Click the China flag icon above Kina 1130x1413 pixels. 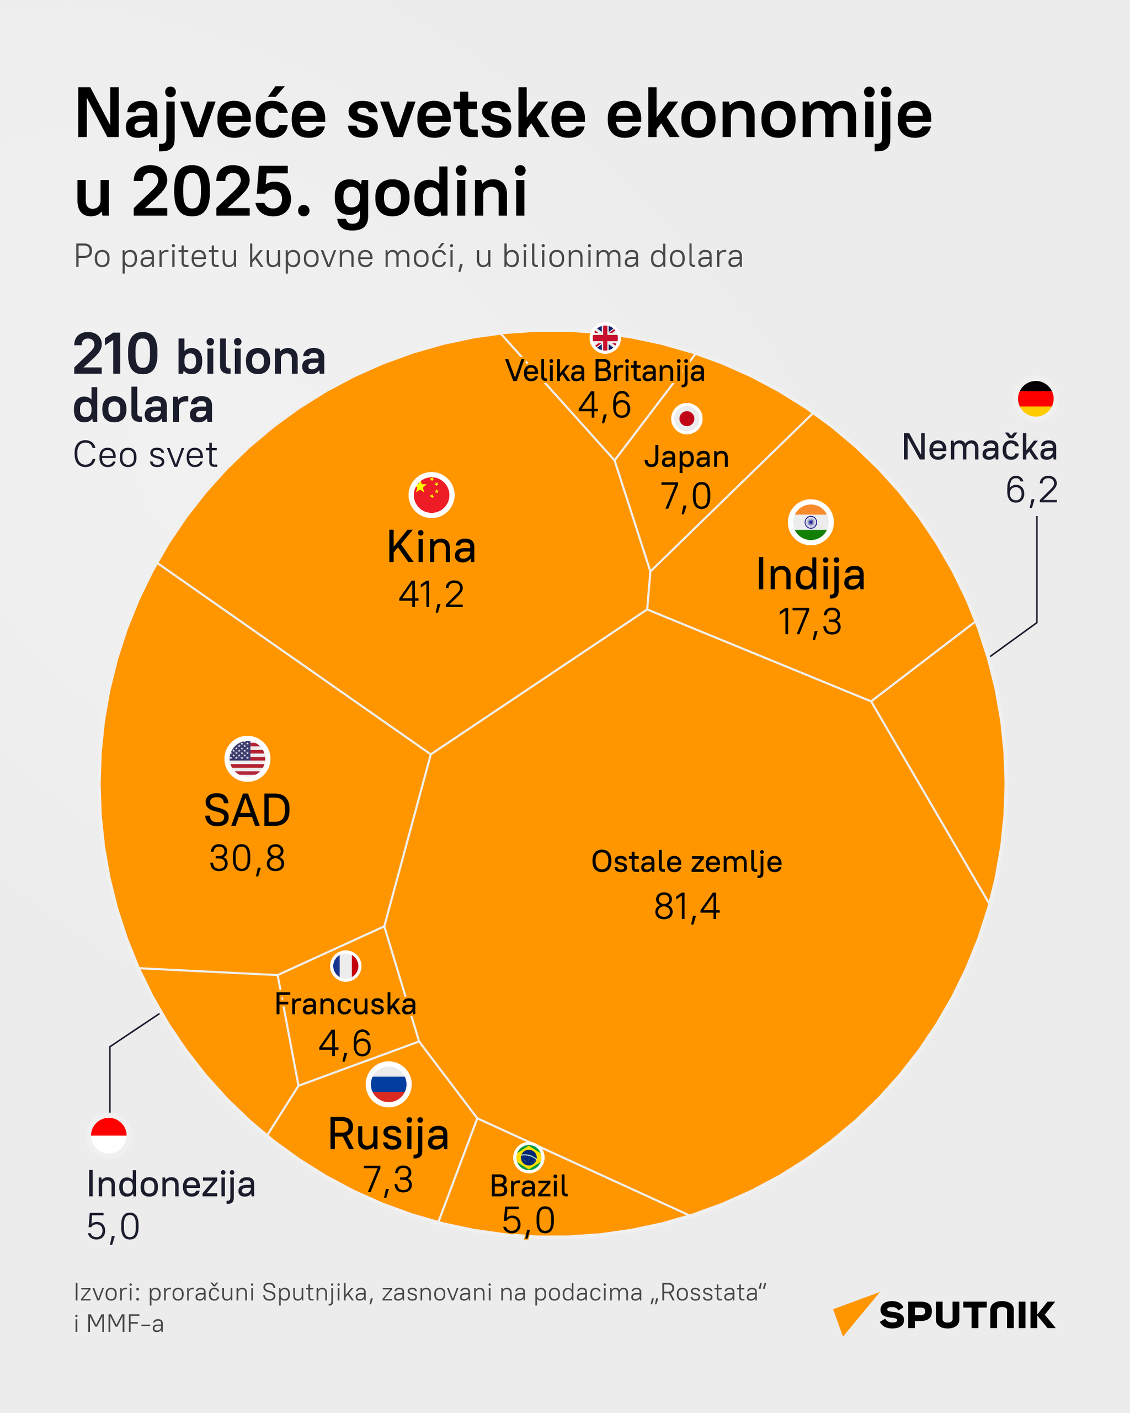[431, 495]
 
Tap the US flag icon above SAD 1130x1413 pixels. [248, 758]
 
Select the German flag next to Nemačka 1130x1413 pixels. [1035, 399]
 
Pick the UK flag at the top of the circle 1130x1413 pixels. [605, 338]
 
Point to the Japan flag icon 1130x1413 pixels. [686, 418]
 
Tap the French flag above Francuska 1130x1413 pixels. [345, 966]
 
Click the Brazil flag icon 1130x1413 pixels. [529, 1158]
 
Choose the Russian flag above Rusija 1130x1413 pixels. [388, 1084]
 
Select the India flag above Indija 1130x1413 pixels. [811, 522]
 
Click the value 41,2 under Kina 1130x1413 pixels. [431, 595]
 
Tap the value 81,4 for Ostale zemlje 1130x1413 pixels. [686, 907]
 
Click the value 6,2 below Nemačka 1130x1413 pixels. [1031, 490]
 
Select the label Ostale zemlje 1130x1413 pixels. [686, 862]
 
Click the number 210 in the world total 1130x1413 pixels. [116, 355]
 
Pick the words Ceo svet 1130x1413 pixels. [145, 455]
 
